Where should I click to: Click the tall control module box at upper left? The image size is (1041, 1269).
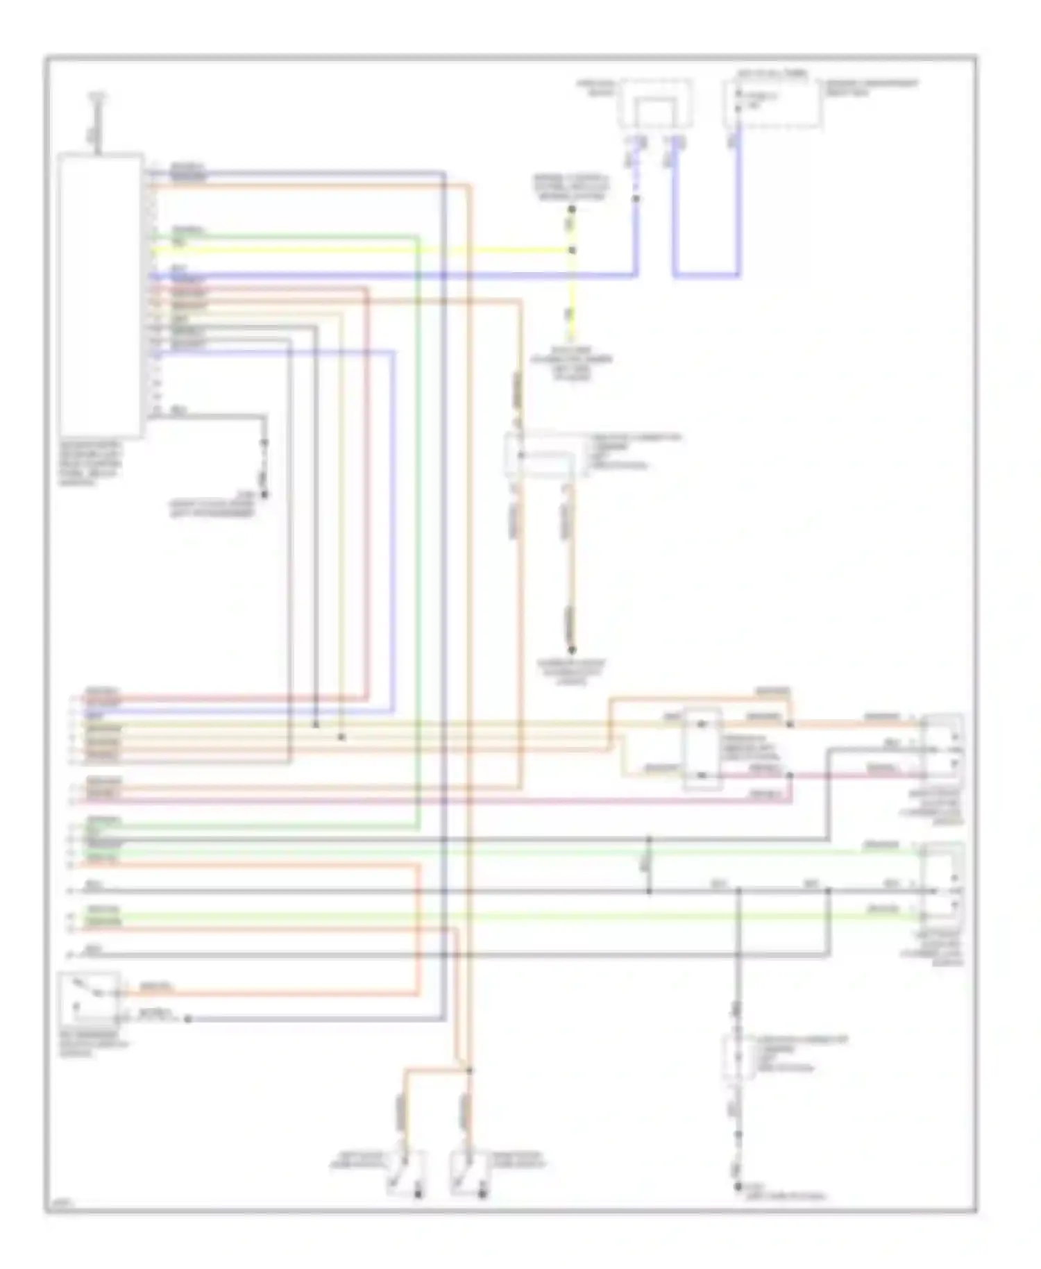[x=101, y=295]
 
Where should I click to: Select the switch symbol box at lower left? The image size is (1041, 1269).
[x=89, y=999]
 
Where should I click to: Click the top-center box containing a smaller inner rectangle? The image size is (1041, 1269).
[x=656, y=104]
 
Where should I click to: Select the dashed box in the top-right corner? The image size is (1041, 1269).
[x=772, y=104]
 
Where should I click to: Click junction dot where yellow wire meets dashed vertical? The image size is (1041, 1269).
[x=572, y=250]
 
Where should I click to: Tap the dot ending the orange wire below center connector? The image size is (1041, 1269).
[x=572, y=650]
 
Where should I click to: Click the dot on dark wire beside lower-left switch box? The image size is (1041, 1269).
[x=187, y=1019]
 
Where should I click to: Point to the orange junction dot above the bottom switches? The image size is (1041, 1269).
[x=470, y=1070]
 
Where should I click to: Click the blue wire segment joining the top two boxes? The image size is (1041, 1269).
[x=706, y=276]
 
